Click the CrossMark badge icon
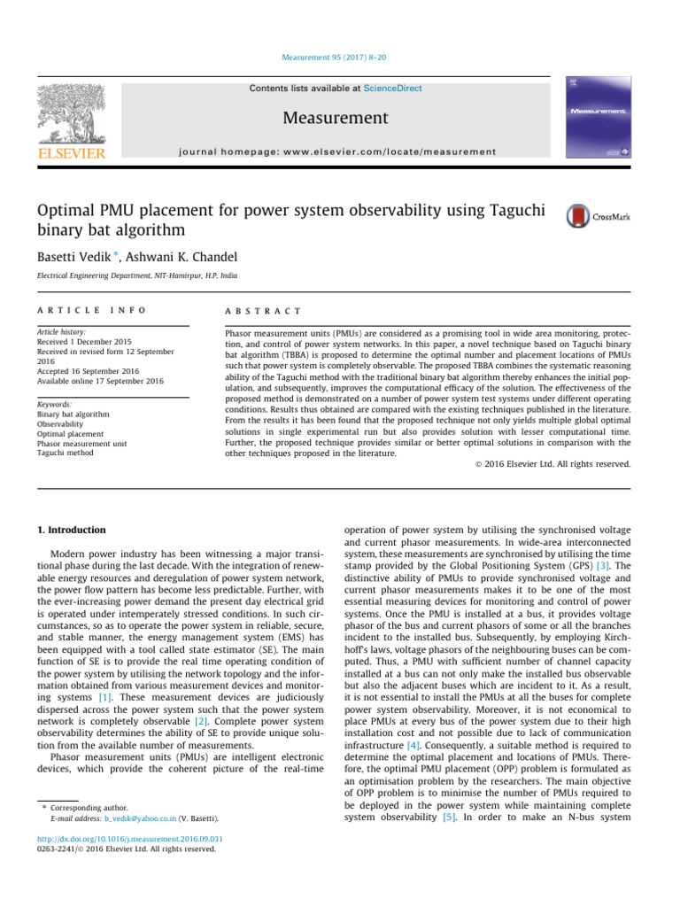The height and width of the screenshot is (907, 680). pyautogui.click(x=599, y=216)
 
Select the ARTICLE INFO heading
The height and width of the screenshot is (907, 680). pyautogui.click(x=91, y=311)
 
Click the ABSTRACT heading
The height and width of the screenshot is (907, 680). pyautogui.click(x=265, y=311)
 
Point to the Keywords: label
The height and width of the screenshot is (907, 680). pyautogui.click(x=54, y=404)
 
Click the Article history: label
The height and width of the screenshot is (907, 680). pyautogui.click(x=61, y=330)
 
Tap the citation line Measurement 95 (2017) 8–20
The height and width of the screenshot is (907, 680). pyautogui.click(x=340, y=59)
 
